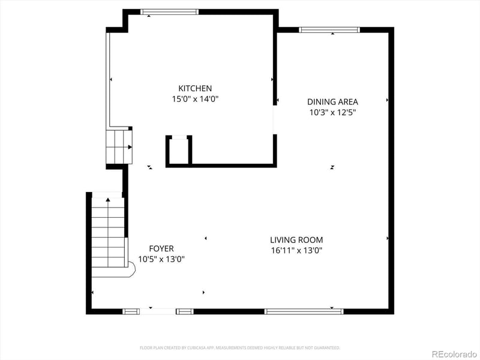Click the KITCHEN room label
pyautogui.click(x=195, y=88)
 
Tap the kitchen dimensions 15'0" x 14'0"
pyautogui.click(x=195, y=100)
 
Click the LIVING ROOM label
pyautogui.click(x=296, y=239)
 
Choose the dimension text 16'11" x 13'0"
pyautogui.click(x=296, y=251)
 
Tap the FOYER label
pyautogui.click(x=161, y=248)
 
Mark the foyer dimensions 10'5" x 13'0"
pyautogui.click(x=161, y=259)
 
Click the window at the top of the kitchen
pyautogui.click(x=169, y=12)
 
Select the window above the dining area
pyautogui.click(x=329, y=29)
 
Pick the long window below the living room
pyautogui.click(x=304, y=311)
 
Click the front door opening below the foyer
pyautogui.click(x=158, y=311)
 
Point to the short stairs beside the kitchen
pyautogui.click(x=119, y=146)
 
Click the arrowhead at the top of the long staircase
pyautogui.click(x=108, y=200)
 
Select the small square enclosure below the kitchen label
pyautogui.click(x=179, y=151)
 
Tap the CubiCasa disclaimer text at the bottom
pyautogui.click(x=240, y=347)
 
